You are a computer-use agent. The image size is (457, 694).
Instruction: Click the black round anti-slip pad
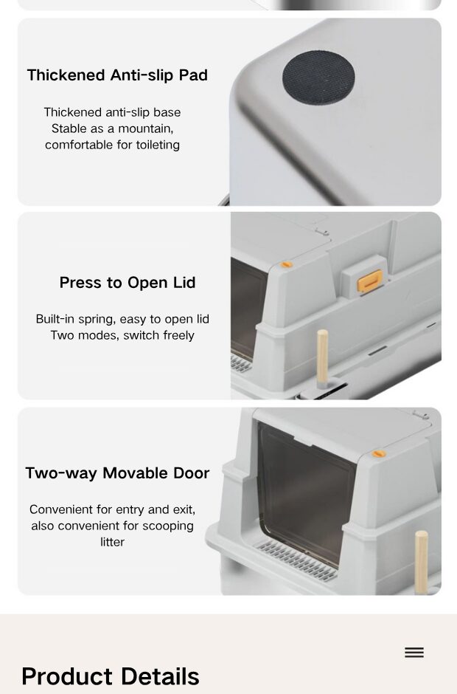(318, 78)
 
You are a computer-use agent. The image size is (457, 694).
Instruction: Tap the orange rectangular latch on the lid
(370, 281)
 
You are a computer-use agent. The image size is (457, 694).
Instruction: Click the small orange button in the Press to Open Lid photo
(287, 264)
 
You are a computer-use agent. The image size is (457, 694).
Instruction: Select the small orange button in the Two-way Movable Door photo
(379, 453)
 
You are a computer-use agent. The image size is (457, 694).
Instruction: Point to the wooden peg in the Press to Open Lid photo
(323, 357)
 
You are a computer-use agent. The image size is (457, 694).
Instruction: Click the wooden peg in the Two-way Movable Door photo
(421, 561)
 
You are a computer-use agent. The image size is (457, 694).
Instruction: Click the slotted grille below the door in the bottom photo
(297, 560)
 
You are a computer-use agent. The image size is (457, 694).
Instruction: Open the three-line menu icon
(414, 653)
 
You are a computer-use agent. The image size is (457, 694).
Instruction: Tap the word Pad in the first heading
(193, 75)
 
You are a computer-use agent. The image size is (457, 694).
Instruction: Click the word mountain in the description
(145, 128)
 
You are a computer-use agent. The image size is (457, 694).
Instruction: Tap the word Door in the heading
(192, 473)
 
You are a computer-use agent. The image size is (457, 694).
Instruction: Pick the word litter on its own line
(112, 542)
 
